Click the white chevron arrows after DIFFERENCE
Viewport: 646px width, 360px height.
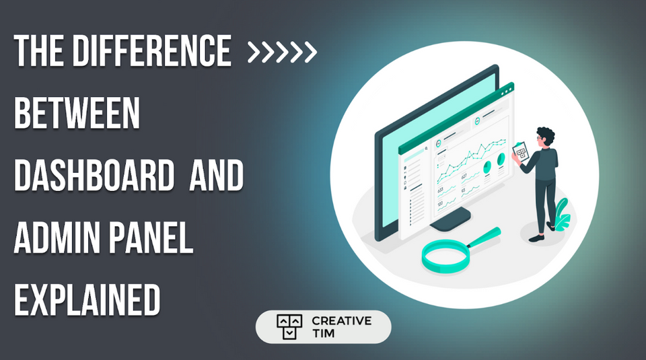(x=282, y=52)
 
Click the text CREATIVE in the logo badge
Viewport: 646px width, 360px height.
(x=341, y=320)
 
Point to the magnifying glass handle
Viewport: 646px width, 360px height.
(x=485, y=236)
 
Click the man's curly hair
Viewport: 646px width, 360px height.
(x=546, y=135)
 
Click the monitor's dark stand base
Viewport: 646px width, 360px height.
(x=450, y=218)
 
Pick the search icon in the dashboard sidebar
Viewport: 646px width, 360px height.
(x=426, y=149)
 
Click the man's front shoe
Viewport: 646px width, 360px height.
(x=536, y=238)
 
